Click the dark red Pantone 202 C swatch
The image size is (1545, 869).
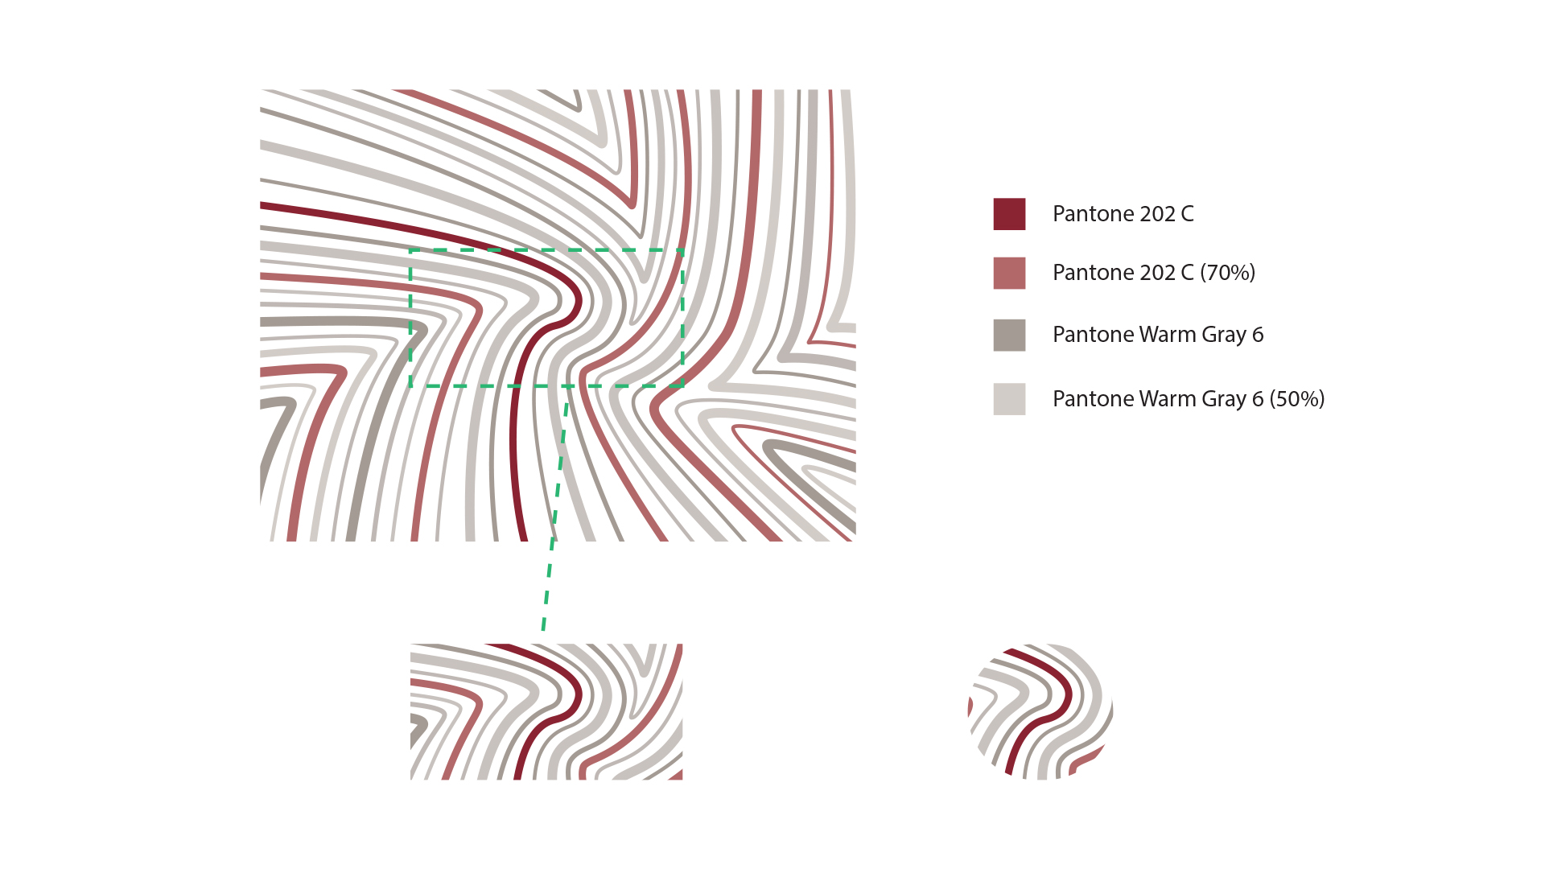(1009, 214)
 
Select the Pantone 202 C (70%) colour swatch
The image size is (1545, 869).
(1009, 274)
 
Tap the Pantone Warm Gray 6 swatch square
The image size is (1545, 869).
(1009, 335)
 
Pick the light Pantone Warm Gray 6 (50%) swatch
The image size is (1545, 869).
(1009, 399)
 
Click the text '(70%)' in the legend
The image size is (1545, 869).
(1227, 273)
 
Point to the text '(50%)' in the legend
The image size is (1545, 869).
(1296, 399)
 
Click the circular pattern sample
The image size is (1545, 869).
(1040, 711)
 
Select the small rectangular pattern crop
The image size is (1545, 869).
(546, 711)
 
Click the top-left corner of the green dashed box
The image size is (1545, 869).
(410, 250)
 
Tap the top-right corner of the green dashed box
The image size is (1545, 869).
(683, 250)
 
